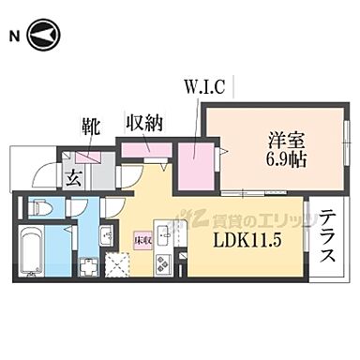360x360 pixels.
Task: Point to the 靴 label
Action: [90, 123]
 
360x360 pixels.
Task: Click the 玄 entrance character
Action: [71, 173]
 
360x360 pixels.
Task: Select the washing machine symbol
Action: [88, 267]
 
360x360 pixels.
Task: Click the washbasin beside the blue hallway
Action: [106, 235]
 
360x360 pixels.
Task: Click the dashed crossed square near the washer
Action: [118, 266]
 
